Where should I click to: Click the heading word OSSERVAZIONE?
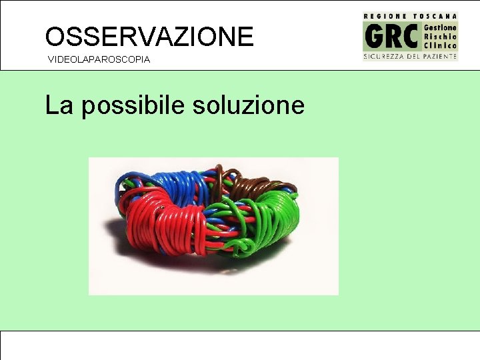(x=149, y=36)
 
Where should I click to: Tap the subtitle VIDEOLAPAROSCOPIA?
(x=99, y=60)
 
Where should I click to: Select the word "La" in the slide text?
(x=59, y=105)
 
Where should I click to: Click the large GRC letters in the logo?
(x=392, y=36)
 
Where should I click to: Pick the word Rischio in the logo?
(x=440, y=36)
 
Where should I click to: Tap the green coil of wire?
(x=273, y=217)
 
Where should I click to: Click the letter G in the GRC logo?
(x=373, y=36)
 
